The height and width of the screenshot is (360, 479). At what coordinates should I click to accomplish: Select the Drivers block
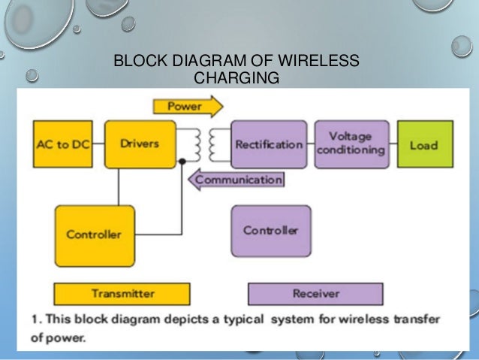coord(140,144)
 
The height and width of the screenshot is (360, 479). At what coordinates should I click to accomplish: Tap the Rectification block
coord(268,144)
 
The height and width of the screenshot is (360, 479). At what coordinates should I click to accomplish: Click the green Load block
coord(425,144)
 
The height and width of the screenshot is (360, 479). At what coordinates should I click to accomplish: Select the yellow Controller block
coord(95,234)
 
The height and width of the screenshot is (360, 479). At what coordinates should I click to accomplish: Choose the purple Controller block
coord(270,230)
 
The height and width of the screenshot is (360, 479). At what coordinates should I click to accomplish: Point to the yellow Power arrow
coord(187,107)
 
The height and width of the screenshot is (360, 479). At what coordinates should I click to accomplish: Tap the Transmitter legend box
coord(122,293)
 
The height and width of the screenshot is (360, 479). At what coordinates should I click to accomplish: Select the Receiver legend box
coord(315,293)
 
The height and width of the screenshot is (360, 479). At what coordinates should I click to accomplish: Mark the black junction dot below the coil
coord(182,161)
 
